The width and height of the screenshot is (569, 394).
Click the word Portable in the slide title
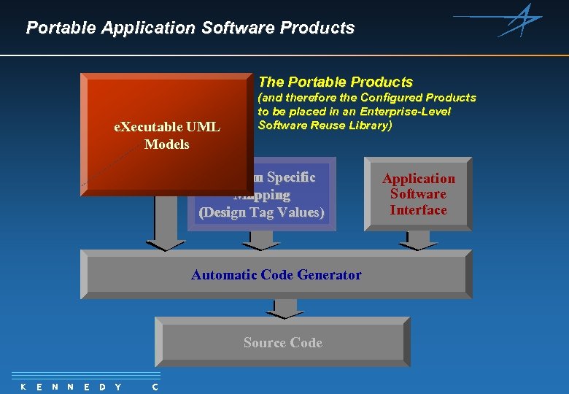tap(61, 28)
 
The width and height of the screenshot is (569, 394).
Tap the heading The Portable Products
tap(336, 82)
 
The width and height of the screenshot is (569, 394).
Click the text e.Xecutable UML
tap(167, 127)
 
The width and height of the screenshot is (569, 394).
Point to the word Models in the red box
tap(167, 144)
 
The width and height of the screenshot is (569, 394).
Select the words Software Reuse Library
tap(325, 125)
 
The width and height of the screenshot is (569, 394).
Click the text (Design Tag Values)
tap(262, 212)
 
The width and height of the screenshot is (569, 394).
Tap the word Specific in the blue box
tap(290, 177)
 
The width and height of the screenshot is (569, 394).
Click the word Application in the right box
tap(419, 179)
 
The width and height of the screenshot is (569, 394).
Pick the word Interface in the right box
tap(418, 210)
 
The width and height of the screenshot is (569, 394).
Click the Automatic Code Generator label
tap(276, 275)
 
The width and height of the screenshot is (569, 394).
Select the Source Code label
tap(283, 343)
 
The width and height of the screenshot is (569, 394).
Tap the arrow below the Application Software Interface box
tap(418, 240)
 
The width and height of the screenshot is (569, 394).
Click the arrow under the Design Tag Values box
tap(261, 240)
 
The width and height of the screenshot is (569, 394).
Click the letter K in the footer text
tap(23, 387)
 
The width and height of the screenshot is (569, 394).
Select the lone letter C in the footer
tap(155, 387)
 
